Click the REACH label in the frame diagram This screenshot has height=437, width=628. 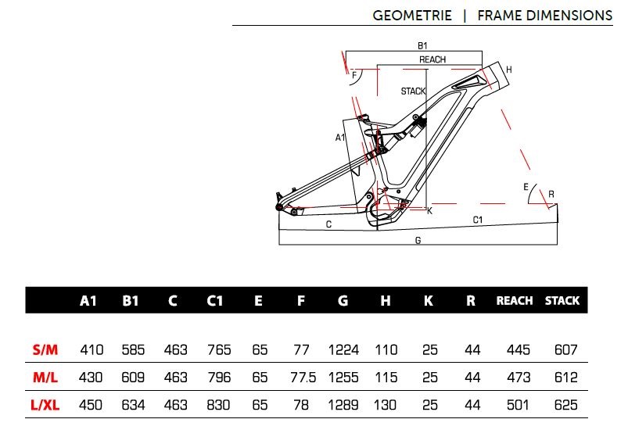click(432, 59)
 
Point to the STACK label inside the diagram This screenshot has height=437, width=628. click(413, 91)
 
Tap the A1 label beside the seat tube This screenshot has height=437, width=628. click(340, 138)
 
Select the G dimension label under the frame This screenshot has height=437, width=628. click(418, 241)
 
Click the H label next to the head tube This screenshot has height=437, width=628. click(509, 70)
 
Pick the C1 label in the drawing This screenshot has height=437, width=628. click(478, 220)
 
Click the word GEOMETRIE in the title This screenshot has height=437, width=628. click(412, 15)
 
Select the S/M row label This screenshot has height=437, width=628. click(45, 349)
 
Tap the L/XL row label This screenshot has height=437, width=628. click(45, 404)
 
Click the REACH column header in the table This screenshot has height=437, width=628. click(515, 301)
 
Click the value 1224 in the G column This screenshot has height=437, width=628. click(343, 349)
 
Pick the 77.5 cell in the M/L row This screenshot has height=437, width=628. click(302, 377)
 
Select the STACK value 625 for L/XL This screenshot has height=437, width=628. click(562, 404)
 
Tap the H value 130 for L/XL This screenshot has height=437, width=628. click(386, 404)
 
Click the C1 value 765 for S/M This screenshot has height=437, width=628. click(218, 349)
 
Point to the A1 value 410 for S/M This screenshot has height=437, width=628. click(92, 349)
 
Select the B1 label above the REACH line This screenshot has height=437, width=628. click(422, 45)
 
